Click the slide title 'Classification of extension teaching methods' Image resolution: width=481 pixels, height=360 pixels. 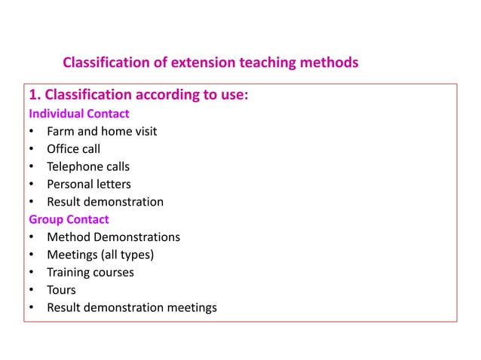click(210, 62)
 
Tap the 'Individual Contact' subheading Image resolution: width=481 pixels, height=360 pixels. click(78, 114)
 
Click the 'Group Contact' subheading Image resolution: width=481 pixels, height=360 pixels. click(69, 219)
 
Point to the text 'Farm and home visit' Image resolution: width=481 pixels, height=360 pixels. click(102, 131)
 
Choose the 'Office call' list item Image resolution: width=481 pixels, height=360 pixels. click(73, 149)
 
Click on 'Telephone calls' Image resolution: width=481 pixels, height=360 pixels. click(88, 166)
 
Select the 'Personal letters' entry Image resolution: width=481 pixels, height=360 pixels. click(88, 184)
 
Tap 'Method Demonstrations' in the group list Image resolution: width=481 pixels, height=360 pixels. click(113, 237)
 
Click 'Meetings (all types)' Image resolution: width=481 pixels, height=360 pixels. click(100, 255)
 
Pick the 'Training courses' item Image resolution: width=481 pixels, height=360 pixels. click(90, 272)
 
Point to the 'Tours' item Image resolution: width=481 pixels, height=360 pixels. click(61, 290)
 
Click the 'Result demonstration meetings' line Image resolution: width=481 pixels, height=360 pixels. click(131, 307)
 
